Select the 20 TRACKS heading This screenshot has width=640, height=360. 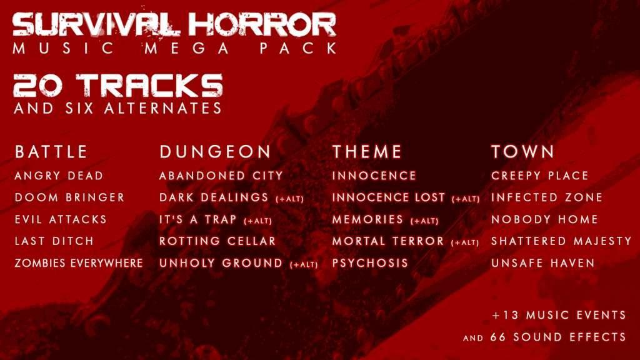(117, 86)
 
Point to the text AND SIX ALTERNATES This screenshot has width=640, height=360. (117, 108)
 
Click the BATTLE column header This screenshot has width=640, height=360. (51, 152)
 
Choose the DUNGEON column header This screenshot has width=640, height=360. (215, 152)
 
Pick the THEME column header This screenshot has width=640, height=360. (367, 152)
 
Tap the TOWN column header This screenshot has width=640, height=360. (522, 152)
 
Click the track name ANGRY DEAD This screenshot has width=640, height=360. (59, 176)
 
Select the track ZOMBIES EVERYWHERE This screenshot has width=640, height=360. (79, 263)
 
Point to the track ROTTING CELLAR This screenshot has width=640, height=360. (217, 241)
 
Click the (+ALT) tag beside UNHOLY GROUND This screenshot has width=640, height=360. (304, 265)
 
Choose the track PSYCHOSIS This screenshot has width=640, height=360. (369, 263)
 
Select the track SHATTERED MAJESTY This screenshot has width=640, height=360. (561, 241)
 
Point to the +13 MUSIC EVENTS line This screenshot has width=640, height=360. (559, 314)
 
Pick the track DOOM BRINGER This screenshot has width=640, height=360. (69, 197)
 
